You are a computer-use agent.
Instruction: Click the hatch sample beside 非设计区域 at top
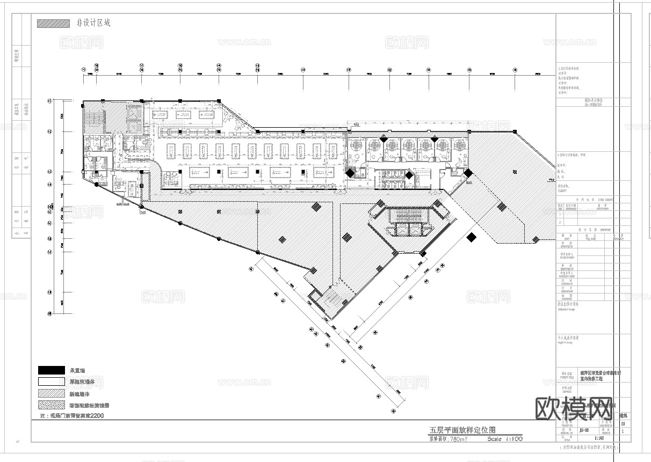53,24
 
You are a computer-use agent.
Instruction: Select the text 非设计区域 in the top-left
93,24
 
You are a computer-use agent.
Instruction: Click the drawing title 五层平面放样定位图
461,430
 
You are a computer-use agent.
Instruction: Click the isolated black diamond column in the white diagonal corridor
472,237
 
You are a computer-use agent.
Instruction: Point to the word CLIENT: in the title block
563,190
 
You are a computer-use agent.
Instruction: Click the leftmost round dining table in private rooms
356,144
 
